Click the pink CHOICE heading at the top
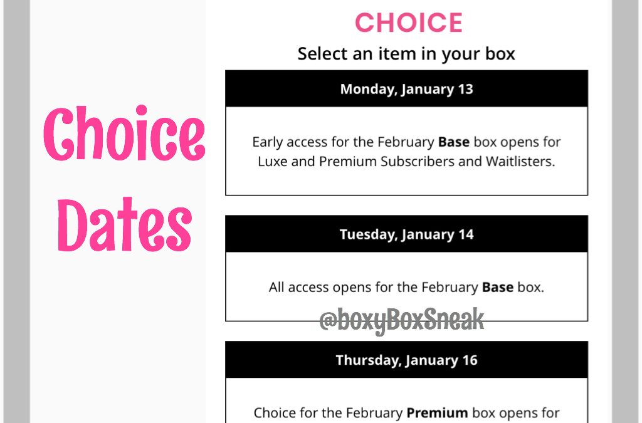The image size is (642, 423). [409, 23]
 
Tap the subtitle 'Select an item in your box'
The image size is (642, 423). [406, 54]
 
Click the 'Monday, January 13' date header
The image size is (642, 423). [406, 89]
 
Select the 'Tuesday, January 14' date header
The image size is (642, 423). [406, 234]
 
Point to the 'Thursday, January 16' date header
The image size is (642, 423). [406, 360]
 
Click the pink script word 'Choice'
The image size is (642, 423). [124, 133]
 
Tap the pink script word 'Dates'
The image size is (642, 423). [125, 224]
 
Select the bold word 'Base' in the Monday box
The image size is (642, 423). [454, 142]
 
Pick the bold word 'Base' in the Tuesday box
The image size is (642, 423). [497, 287]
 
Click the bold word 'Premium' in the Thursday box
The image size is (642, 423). [437, 413]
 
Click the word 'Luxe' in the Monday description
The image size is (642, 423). [273, 162]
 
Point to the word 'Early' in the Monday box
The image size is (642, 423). [267, 142]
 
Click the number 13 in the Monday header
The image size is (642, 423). [466, 89]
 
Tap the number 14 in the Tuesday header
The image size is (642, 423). [466, 234]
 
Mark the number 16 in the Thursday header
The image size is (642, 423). [470, 360]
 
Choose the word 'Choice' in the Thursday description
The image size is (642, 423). [273, 413]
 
